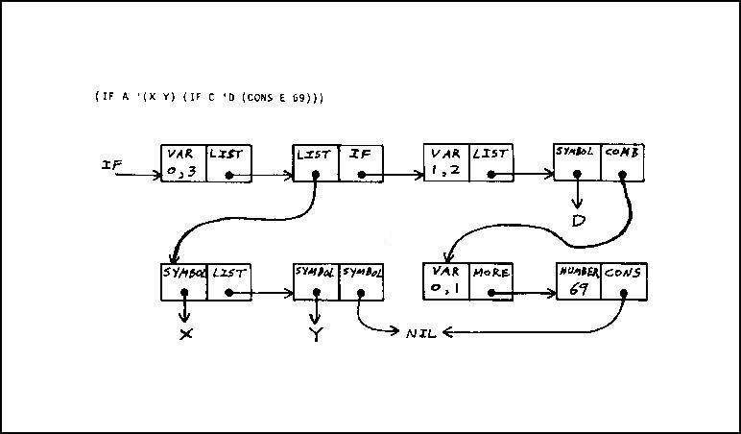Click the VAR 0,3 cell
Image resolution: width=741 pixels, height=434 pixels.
pos(183,163)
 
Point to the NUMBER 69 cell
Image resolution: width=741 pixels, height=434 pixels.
pos(578,280)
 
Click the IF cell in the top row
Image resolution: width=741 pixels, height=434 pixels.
pos(361,163)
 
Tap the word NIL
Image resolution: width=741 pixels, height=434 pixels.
pos(420,333)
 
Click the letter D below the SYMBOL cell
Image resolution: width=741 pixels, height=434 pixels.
pos(579,220)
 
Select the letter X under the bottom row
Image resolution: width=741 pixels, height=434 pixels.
pos(185,334)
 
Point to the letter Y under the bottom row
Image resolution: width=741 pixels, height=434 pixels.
pos(315,335)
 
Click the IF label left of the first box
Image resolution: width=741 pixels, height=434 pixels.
pos(112,165)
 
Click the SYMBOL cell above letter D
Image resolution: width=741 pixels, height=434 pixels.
pos(578,163)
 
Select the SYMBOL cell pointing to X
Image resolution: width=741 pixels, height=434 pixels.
pos(184,280)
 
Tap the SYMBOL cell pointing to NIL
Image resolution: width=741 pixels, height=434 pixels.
pos(361,280)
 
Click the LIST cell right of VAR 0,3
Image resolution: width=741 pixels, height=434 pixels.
pos(228,163)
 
